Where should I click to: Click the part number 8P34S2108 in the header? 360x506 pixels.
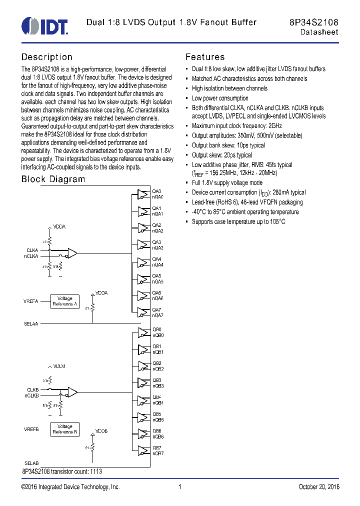313,22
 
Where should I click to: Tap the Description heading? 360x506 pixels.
46,57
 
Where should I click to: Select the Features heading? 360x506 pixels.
205,57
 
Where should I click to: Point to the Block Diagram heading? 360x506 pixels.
53,179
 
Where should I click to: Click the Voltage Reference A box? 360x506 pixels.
65,301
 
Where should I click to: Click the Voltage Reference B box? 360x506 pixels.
65,429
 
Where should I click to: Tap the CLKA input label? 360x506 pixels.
32,250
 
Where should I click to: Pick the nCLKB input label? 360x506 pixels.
32,395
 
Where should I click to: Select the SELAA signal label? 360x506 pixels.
31,323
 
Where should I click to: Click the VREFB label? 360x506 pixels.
31,429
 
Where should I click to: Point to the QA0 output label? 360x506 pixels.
157,191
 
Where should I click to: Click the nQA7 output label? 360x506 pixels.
158,315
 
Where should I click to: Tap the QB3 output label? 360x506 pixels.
157,380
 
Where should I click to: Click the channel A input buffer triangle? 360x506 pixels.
72,253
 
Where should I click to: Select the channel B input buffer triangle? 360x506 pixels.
72,392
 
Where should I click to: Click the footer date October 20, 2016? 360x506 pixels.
318,487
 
